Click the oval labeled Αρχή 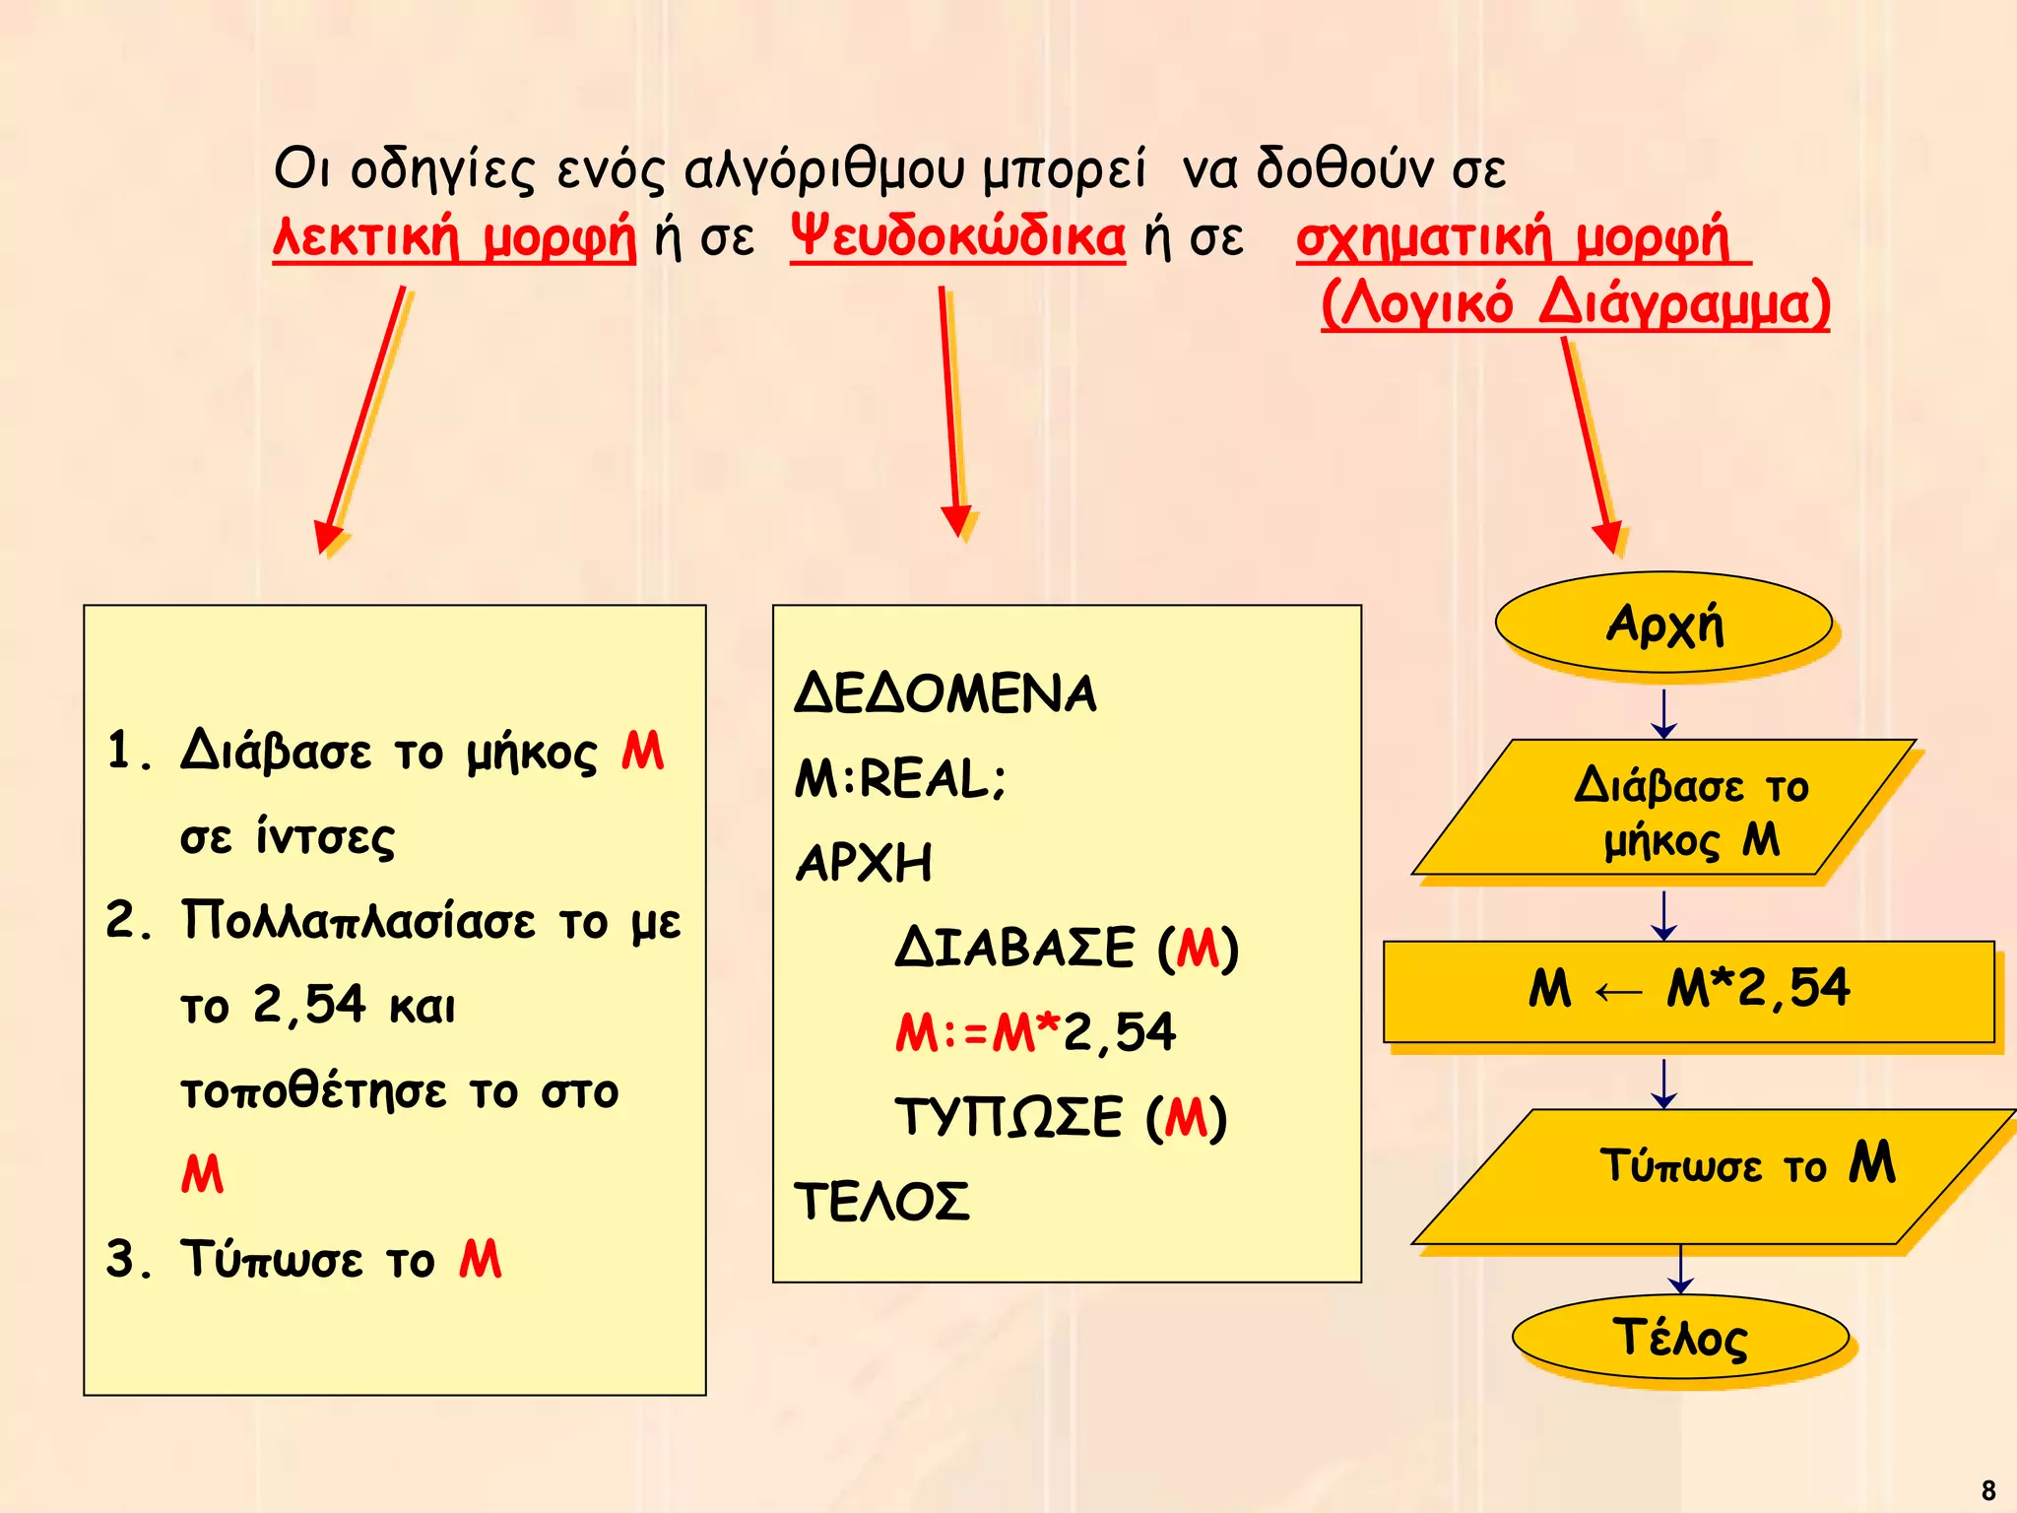pyautogui.click(x=1663, y=623)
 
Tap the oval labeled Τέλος pyautogui.click(x=1680, y=1337)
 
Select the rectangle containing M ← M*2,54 pyautogui.click(x=1688, y=991)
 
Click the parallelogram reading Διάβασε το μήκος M pyautogui.click(x=1663, y=808)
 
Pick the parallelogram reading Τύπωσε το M pyautogui.click(x=1714, y=1176)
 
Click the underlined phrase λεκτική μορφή pyautogui.click(x=454, y=237)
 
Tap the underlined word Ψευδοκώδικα pyautogui.click(x=957, y=237)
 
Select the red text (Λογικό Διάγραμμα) pyautogui.click(x=1575, y=303)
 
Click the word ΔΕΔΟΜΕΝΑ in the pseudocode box pyautogui.click(x=944, y=693)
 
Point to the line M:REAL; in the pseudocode pyautogui.click(x=900, y=778)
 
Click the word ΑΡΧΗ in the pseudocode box pyautogui.click(x=864, y=863)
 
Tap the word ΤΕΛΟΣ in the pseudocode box pyautogui.click(x=881, y=1202)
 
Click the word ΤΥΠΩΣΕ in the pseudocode pyautogui.click(x=1008, y=1118)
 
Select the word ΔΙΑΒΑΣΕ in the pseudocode pyautogui.click(x=1014, y=948)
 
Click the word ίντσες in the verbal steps pyautogui.click(x=326, y=837)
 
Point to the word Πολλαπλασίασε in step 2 pyautogui.click(x=358, y=922)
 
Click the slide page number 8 pyautogui.click(x=1987, y=1489)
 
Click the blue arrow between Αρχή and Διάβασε pyautogui.click(x=1664, y=713)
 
